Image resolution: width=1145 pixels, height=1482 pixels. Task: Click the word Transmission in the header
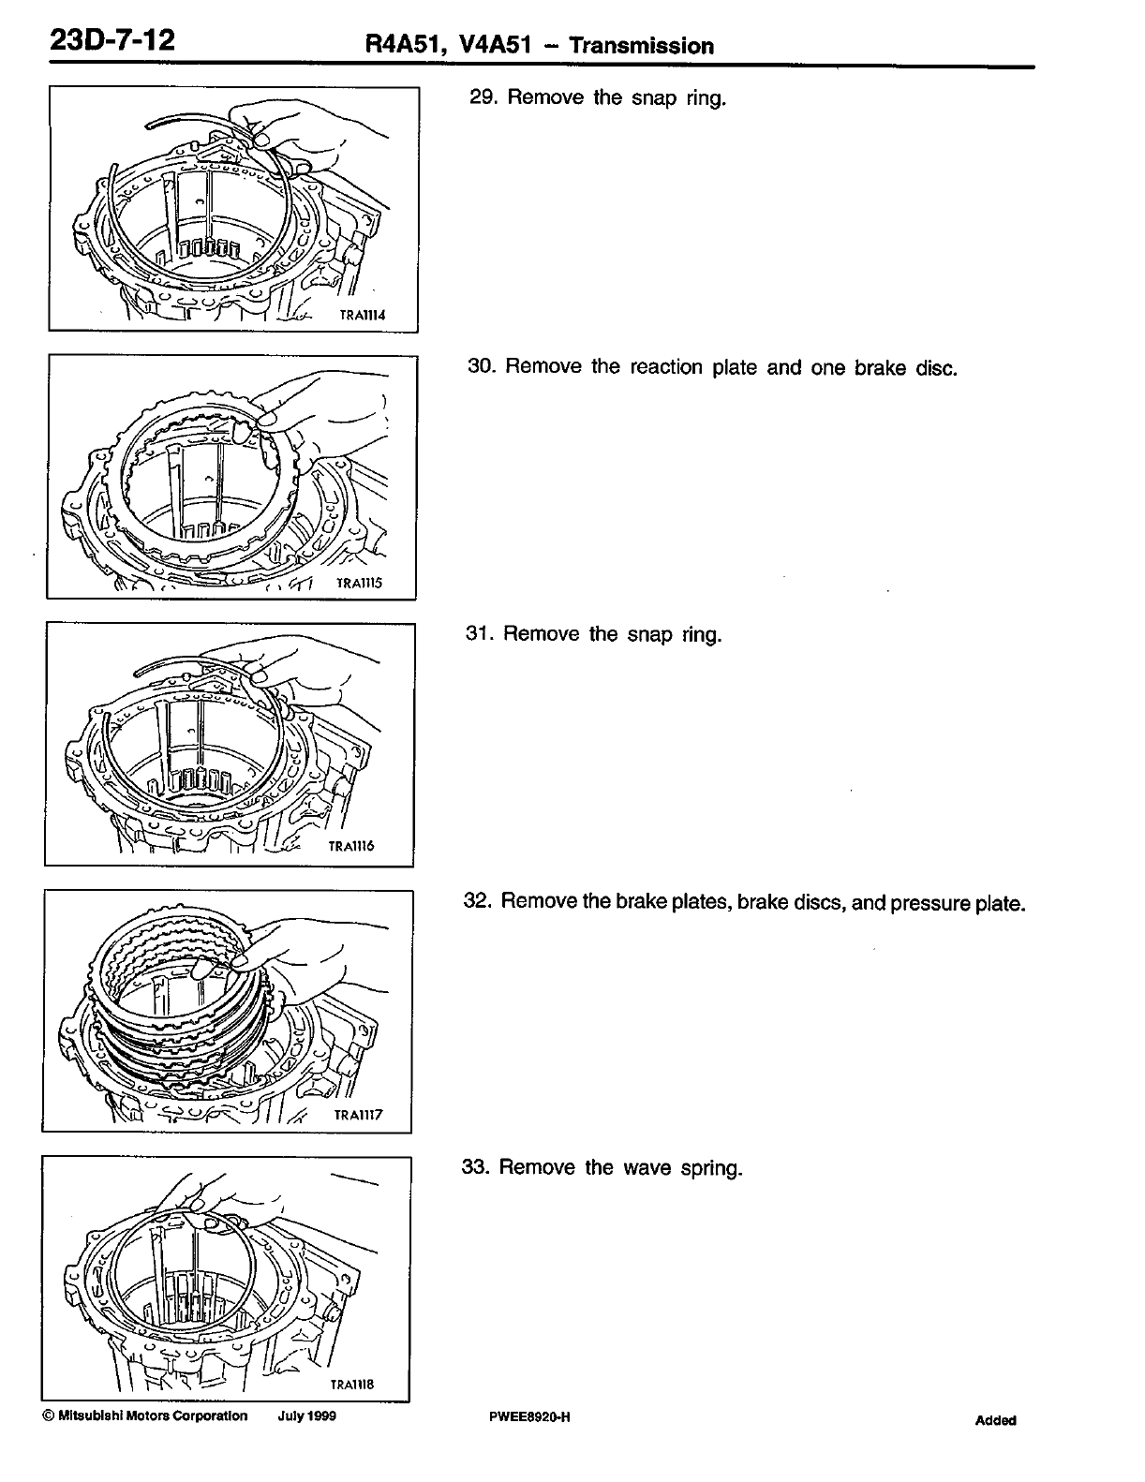(x=642, y=46)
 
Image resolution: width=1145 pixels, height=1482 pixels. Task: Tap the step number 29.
(x=480, y=97)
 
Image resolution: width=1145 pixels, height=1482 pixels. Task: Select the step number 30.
(x=480, y=366)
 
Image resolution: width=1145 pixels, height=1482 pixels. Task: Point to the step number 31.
(x=478, y=634)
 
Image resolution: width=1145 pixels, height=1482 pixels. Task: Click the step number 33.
(x=476, y=1167)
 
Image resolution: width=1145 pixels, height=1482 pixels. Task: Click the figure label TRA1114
(x=363, y=316)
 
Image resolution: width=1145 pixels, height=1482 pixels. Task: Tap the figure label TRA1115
(x=360, y=584)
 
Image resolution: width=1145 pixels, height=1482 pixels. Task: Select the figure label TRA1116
(x=352, y=846)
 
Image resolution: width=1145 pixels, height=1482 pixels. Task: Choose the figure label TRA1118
(x=352, y=1384)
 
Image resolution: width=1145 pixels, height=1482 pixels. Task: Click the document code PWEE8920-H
(x=529, y=1416)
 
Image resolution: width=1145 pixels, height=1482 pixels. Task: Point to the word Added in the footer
(x=995, y=1420)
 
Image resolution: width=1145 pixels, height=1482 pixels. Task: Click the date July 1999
(x=306, y=1415)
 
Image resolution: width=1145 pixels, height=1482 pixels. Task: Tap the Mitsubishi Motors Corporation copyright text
(x=145, y=1415)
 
